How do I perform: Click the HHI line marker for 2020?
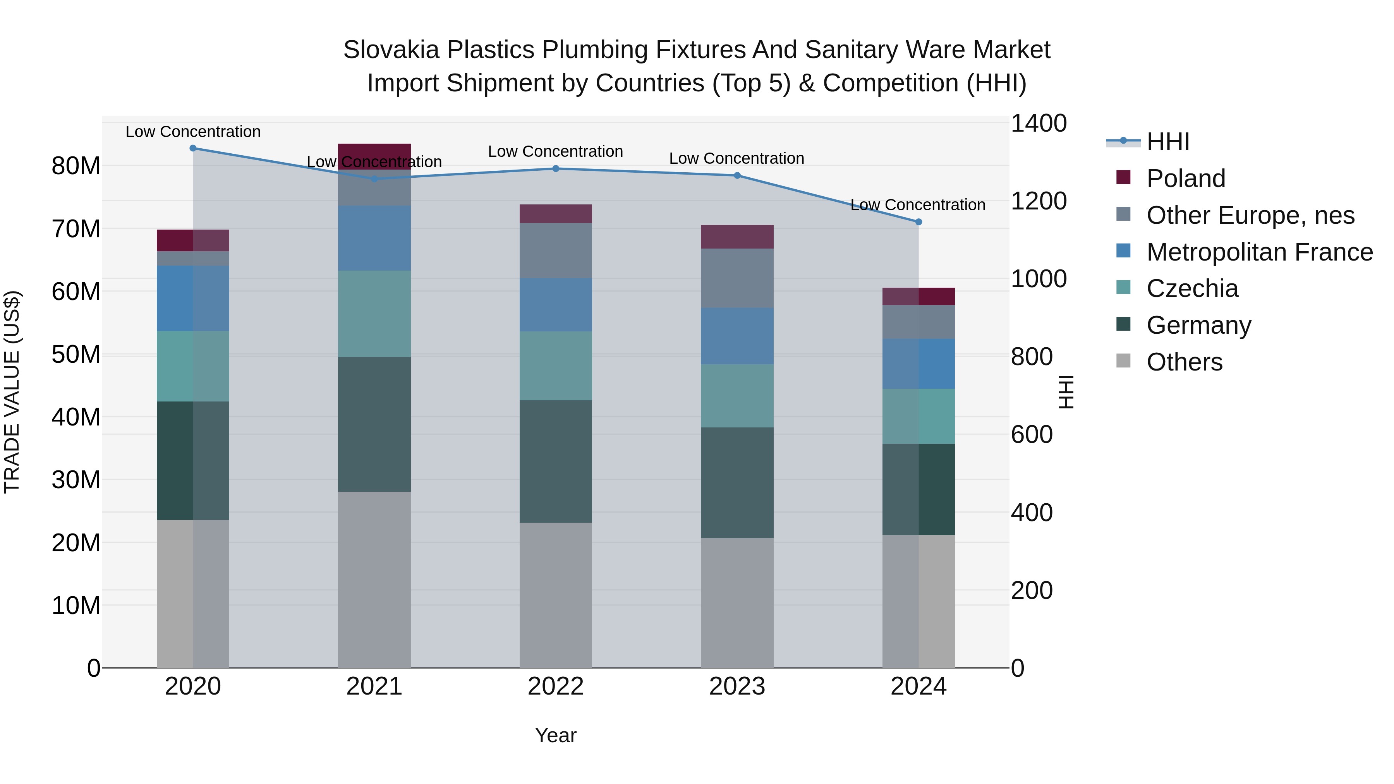pyautogui.click(x=193, y=148)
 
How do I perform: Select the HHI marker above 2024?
pyautogui.click(x=918, y=222)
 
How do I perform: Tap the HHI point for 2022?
pyautogui.click(x=556, y=169)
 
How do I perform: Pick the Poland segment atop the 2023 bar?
pyautogui.click(x=737, y=237)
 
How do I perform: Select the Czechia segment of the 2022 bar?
pyautogui.click(x=556, y=366)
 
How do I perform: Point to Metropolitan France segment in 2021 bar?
pyautogui.click(x=374, y=238)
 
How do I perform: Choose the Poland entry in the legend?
pyautogui.click(x=1185, y=178)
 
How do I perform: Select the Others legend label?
pyautogui.click(x=1184, y=362)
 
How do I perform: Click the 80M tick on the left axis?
pyautogui.click(x=76, y=166)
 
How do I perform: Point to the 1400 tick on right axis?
pyautogui.click(x=1038, y=124)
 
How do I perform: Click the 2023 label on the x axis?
pyautogui.click(x=737, y=686)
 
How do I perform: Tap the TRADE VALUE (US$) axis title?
pyautogui.click(x=12, y=392)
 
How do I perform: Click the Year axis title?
pyautogui.click(x=556, y=735)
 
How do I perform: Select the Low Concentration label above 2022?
pyautogui.click(x=556, y=151)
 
